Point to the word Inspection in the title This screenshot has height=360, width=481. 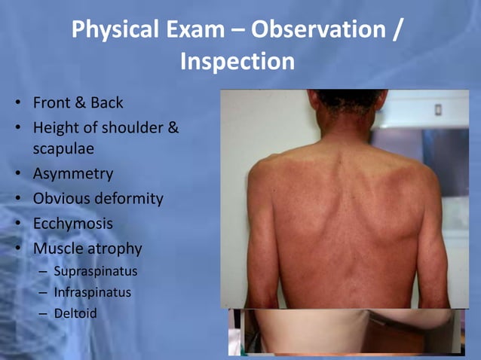[x=237, y=61]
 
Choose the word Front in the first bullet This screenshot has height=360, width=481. [x=54, y=102]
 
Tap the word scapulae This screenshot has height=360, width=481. [x=63, y=149]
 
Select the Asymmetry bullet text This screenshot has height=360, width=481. [x=73, y=174]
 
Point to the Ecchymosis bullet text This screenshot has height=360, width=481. [x=73, y=224]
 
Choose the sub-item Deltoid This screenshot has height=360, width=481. [x=75, y=312]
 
